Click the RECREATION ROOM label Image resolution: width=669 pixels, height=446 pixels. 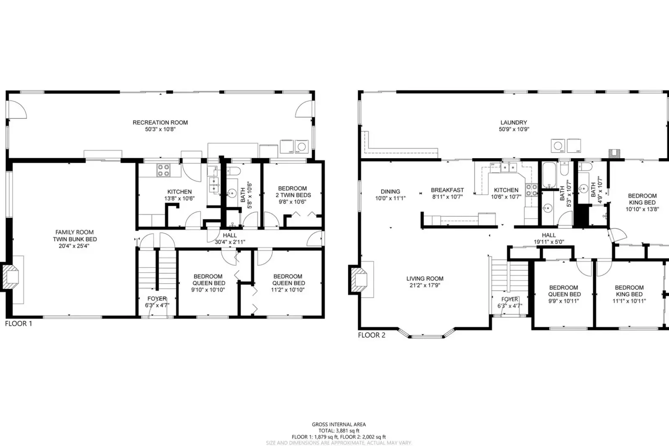click(x=160, y=123)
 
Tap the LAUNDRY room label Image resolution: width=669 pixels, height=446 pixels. click(x=513, y=123)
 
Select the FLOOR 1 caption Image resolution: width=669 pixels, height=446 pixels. click(x=18, y=323)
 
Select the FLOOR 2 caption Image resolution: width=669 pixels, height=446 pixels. click(x=372, y=335)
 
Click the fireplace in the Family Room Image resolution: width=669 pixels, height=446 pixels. click(x=11, y=276)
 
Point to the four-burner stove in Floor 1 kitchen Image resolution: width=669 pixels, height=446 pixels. click(x=163, y=170)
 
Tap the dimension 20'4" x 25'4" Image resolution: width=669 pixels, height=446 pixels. click(x=75, y=246)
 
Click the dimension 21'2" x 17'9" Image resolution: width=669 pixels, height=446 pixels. click(x=425, y=285)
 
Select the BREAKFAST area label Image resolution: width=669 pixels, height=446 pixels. click(x=447, y=190)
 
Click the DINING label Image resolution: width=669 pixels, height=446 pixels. click(x=390, y=192)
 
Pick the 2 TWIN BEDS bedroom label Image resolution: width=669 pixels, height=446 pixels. click(x=293, y=195)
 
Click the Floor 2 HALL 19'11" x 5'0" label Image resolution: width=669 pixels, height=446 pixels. click(x=549, y=238)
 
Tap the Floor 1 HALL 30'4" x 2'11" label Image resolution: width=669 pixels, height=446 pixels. click(x=230, y=238)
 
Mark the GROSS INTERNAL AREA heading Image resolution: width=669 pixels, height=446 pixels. click(x=338, y=424)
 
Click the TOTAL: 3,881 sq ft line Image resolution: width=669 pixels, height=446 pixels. click(x=338, y=431)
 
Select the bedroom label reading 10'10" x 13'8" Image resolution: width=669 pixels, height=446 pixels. click(x=642, y=209)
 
